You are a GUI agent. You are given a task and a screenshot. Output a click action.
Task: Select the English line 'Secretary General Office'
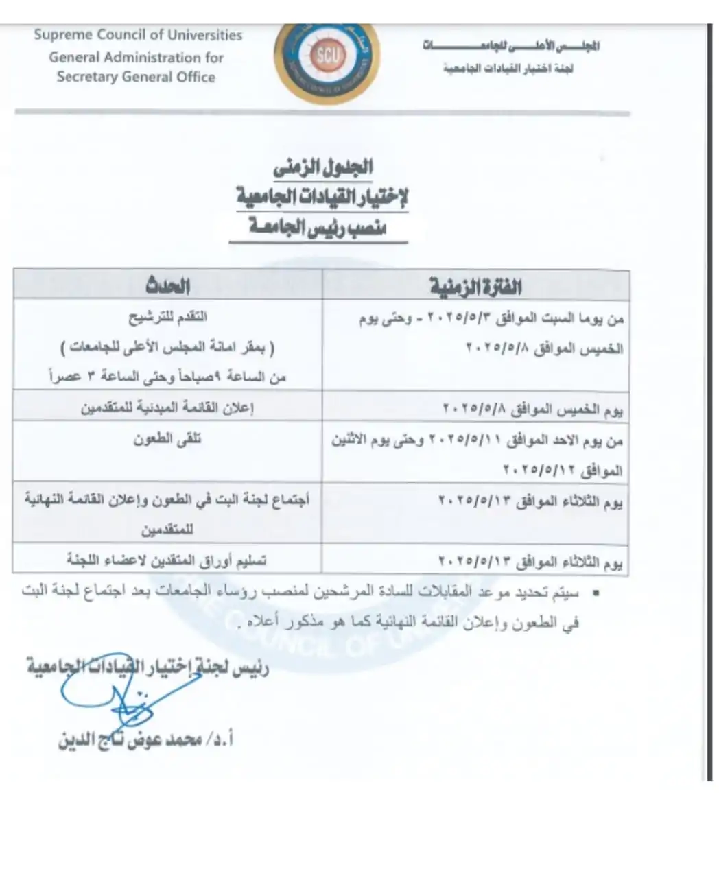pos(136,77)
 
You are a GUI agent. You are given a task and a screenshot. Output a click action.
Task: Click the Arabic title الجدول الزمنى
pos(322,167)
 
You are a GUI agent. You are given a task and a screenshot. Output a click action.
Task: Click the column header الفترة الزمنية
pos(475,286)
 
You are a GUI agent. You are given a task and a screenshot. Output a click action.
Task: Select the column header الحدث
pos(167,285)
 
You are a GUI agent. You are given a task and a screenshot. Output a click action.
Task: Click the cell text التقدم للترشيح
pos(167,317)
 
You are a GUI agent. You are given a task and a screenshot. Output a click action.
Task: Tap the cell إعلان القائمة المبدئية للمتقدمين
pos(167,407)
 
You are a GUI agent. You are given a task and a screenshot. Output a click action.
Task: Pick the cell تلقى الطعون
pos(167,439)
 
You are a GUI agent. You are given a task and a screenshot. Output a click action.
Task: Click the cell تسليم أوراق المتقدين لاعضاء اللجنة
pos(167,560)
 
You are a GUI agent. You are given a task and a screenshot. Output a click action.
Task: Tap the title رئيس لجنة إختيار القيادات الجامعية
pos(148,667)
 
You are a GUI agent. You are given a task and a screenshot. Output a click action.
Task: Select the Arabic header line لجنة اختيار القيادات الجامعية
pos(508,69)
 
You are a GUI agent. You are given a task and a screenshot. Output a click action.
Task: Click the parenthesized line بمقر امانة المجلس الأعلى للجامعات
pos(167,348)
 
